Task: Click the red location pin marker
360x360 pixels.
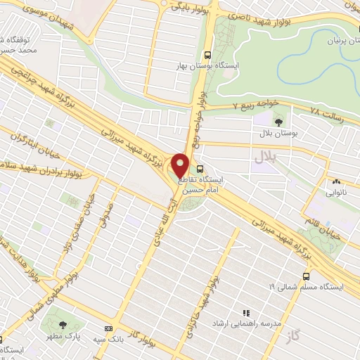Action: (181, 166)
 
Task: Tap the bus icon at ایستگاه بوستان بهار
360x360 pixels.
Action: (207, 54)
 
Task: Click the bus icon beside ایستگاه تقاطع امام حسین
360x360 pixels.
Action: (200, 169)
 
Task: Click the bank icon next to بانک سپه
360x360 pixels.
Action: (108, 328)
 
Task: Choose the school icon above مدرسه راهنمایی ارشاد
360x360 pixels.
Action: (246, 312)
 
